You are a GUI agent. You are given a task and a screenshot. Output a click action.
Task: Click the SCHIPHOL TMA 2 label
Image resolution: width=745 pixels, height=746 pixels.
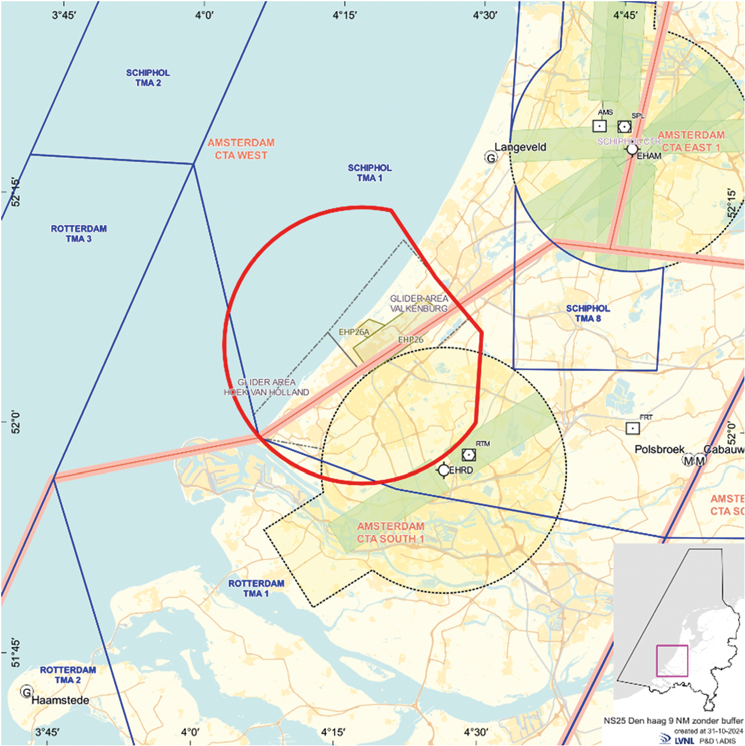click(148, 78)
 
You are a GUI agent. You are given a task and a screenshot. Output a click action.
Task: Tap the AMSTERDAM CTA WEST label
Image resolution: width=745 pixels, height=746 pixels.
click(241, 149)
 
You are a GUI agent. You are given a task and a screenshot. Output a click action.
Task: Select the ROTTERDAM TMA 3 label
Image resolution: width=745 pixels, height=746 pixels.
click(79, 234)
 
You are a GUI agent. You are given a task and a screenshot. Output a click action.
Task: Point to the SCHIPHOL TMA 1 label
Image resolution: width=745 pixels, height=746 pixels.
click(369, 173)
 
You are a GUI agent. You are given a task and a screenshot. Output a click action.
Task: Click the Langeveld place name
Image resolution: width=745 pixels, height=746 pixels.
click(520, 147)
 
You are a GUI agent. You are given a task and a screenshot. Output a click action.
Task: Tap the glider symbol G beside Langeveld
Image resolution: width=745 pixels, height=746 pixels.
click(491, 157)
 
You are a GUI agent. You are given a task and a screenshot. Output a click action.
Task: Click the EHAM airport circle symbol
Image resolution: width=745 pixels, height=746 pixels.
click(632, 150)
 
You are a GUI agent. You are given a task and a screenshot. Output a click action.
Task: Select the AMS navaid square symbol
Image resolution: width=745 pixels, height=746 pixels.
click(599, 126)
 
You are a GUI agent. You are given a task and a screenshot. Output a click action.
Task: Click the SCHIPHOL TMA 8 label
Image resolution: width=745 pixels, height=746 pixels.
click(588, 313)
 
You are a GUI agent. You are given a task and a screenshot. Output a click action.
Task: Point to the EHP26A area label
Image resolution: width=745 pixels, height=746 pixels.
click(354, 332)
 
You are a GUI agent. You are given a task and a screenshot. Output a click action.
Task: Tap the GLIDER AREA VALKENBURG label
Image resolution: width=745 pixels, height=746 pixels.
click(419, 304)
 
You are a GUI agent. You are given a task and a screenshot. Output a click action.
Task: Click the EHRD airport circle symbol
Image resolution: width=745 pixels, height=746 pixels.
click(443, 470)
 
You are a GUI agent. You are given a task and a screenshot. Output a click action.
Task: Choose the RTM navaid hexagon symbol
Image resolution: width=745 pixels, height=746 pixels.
click(469, 455)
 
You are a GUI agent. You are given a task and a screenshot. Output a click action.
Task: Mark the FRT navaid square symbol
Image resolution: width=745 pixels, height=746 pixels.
click(633, 428)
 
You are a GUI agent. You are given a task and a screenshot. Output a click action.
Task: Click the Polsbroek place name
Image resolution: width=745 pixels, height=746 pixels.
click(660, 449)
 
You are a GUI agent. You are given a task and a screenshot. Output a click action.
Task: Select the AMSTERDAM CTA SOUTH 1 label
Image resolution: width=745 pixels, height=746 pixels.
click(391, 533)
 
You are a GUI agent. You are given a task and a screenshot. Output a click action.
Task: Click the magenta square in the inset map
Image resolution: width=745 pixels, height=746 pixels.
click(672, 661)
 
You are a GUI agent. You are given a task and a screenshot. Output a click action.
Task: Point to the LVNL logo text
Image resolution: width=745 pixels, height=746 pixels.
click(685, 740)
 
